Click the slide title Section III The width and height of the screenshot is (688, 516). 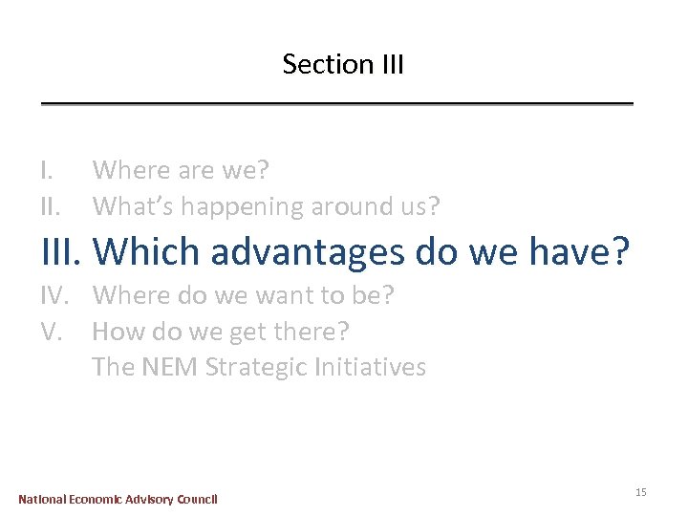[343, 65]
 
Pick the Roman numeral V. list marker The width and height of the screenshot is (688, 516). [52, 332]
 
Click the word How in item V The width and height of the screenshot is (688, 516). [118, 332]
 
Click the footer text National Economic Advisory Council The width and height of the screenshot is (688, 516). [118, 499]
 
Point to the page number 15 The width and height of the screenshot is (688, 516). [640, 491]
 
